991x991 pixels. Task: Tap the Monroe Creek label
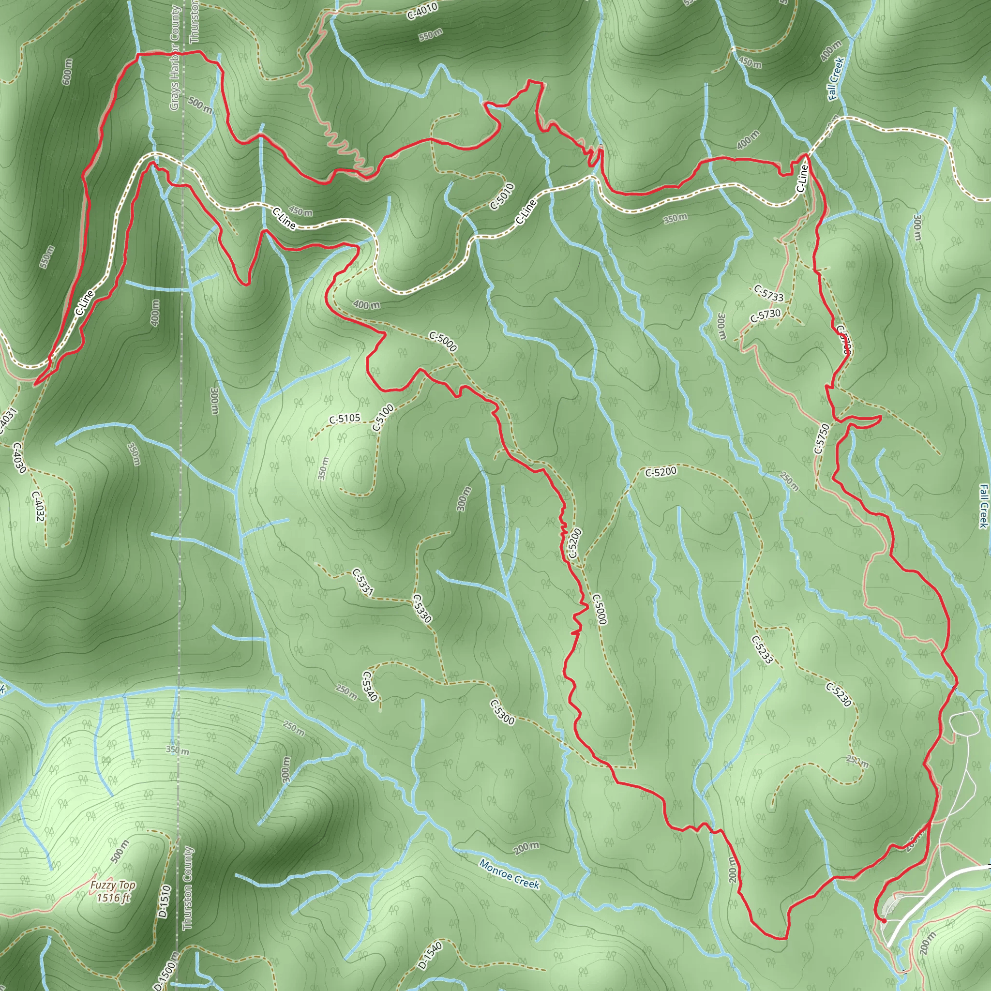509,873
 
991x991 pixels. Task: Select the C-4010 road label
422,11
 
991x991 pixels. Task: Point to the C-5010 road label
502,196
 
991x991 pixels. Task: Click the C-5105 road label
345,419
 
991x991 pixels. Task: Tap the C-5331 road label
362,582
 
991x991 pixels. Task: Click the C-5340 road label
370,686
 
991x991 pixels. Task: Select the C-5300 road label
502,711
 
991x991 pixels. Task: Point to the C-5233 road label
762,649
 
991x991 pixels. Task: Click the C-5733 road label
769,293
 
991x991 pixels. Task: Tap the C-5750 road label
821,438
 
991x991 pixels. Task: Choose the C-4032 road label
37,506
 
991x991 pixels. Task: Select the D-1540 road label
430,955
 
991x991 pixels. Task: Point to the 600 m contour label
67,72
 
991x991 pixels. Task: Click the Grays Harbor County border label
175,58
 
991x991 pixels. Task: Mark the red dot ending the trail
884,920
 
